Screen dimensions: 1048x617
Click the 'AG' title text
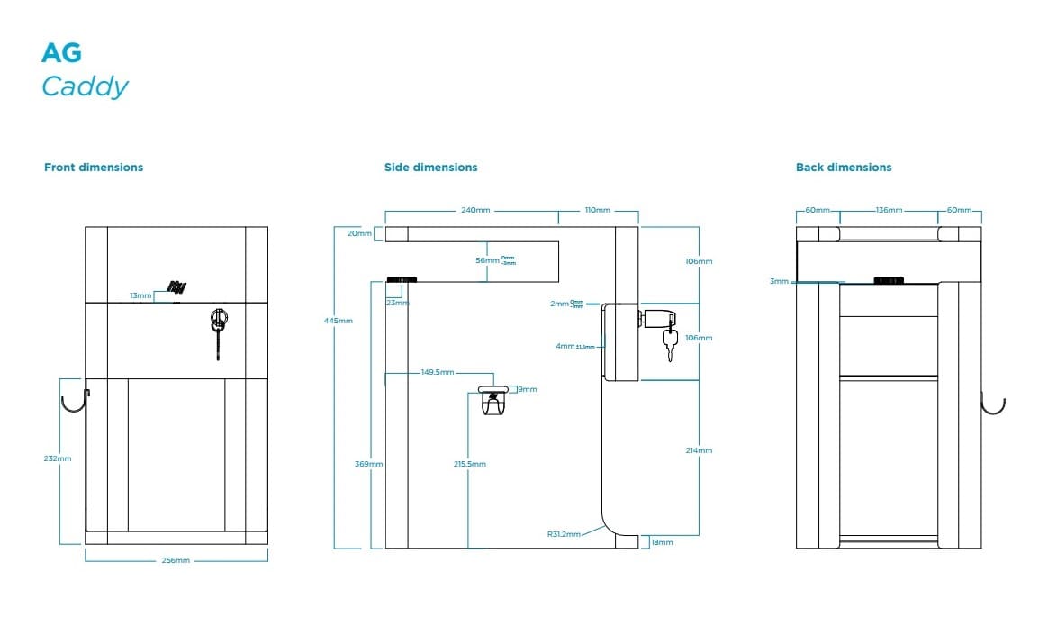[x=61, y=53]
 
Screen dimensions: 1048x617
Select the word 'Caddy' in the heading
[x=85, y=87]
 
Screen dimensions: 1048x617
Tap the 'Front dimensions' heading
[x=94, y=168]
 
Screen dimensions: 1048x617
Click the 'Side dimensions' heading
[x=430, y=168]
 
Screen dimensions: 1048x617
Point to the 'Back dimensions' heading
[x=844, y=168]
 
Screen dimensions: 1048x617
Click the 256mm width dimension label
[x=176, y=560]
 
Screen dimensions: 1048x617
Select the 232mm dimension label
[x=58, y=458]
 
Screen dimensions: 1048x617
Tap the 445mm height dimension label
[x=339, y=321]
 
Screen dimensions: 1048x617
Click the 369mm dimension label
[x=369, y=464]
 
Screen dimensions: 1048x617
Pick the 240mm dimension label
[x=475, y=210]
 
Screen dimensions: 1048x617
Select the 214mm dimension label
[x=699, y=450]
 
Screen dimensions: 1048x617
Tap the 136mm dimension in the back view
[x=889, y=210]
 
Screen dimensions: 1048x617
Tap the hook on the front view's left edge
[x=74, y=403]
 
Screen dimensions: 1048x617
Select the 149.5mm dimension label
[x=438, y=371]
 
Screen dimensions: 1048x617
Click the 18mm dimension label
[x=662, y=542]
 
